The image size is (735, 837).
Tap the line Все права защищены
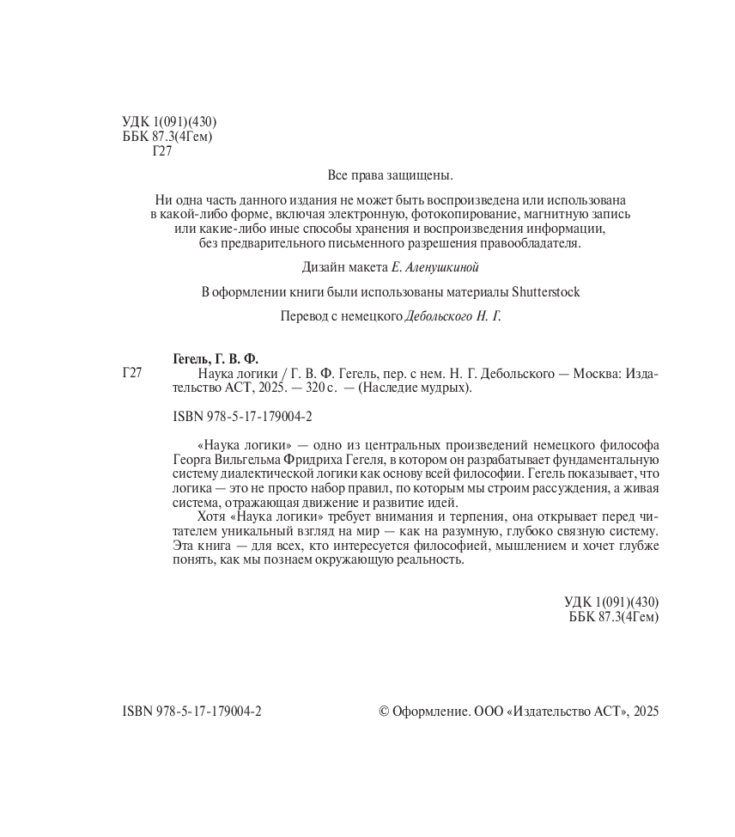[x=390, y=175]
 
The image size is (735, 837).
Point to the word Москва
[x=592, y=374]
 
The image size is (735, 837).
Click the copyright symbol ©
[x=384, y=712]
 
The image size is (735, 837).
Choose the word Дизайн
[x=326, y=267]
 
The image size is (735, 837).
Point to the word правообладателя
[x=532, y=243]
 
